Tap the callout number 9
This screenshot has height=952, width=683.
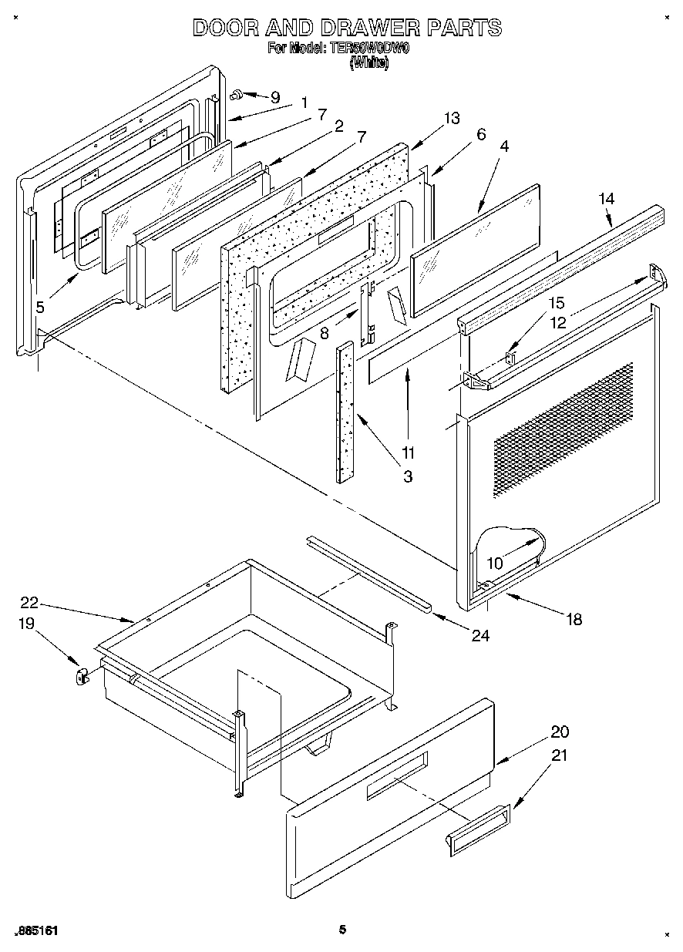274,98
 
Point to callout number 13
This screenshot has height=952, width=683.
451,118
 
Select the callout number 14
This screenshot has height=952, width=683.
606,199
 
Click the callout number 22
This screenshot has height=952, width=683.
29,604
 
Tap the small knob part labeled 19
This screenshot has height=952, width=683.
80,677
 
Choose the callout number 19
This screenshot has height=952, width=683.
27,624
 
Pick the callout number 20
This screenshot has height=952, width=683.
560,732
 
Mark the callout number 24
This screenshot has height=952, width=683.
481,636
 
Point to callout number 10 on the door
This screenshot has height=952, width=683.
494,563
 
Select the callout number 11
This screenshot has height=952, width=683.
408,452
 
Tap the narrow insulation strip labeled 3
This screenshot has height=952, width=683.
344,412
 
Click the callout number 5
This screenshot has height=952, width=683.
40,306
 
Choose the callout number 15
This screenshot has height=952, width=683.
556,303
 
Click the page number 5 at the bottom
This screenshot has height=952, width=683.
341,930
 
